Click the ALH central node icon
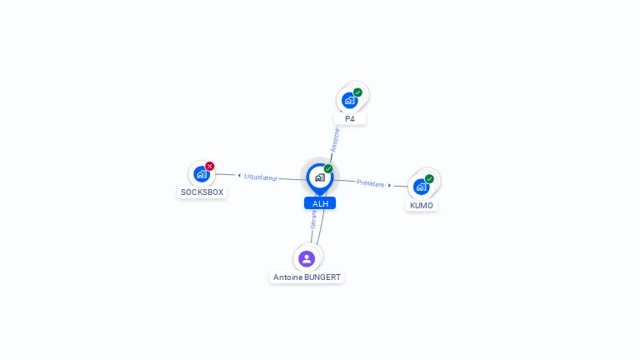click(319, 177)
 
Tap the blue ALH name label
click(320, 203)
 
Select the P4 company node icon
click(349, 101)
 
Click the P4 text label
click(350, 119)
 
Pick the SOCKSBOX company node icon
click(200, 174)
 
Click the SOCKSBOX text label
click(202, 192)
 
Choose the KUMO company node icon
click(421, 187)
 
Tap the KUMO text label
click(422, 206)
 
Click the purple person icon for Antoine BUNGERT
click(307, 258)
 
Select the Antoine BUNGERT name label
click(307, 277)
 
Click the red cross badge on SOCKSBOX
click(210, 166)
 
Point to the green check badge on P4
click(357, 92)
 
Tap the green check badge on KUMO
click(429, 178)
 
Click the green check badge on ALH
click(328, 168)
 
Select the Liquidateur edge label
click(261, 177)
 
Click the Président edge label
click(371, 183)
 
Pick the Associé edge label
click(335, 138)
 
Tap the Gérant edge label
click(313, 219)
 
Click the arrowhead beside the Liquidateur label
click(239, 176)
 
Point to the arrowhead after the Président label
click(389, 185)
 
